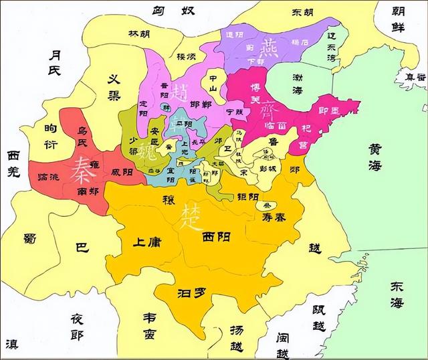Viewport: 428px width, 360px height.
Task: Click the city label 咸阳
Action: coord(122,173)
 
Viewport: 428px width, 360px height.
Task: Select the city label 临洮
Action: coord(51,175)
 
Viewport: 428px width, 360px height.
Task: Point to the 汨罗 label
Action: coord(189,292)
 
